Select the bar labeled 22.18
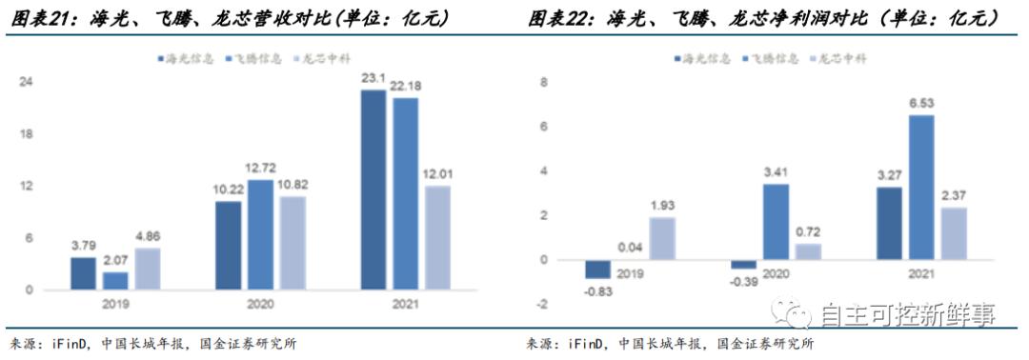coord(405,194)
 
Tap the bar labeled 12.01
coord(436,238)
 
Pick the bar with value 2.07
coord(114,281)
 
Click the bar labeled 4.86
coord(146,270)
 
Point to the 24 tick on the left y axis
coord(28,82)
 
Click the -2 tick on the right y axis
coord(542,305)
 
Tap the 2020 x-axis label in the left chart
coord(260,305)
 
